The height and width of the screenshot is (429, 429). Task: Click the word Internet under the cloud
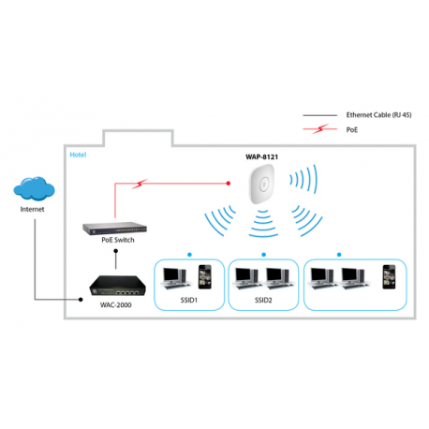[x=33, y=209]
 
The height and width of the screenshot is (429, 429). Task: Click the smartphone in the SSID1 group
[x=204, y=274]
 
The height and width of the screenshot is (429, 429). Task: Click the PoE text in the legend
[x=351, y=131]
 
